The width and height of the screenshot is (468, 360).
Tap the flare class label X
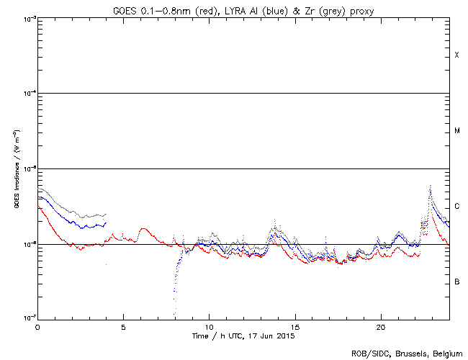tap(456, 55)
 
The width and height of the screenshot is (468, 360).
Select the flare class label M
tap(456, 131)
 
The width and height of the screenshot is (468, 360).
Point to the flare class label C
tap(456, 207)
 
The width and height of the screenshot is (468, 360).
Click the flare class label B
tap(456, 282)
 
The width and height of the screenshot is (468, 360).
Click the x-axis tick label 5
tap(123, 326)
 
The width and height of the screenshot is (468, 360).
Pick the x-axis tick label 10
tap(209, 326)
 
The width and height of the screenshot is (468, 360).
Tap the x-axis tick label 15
tap(294, 326)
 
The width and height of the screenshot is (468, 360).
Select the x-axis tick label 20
tap(380, 326)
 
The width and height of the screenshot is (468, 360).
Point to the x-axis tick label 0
tap(37, 326)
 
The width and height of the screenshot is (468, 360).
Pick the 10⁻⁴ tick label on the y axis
tap(28, 94)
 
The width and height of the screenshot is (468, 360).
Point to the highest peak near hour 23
tap(430, 186)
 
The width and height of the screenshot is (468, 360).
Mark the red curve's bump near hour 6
tap(143, 229)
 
